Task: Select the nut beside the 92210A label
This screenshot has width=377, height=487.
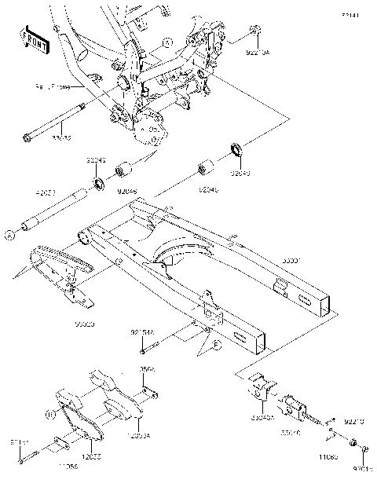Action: (255, 31)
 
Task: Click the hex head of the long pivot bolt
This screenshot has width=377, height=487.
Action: (29, 139)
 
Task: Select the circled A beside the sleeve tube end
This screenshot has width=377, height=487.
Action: (10, 233)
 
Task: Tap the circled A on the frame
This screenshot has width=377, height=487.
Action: (166, 42)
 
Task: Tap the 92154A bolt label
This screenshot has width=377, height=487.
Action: (142, 333)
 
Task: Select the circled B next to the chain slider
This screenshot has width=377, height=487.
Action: (49, 412)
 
